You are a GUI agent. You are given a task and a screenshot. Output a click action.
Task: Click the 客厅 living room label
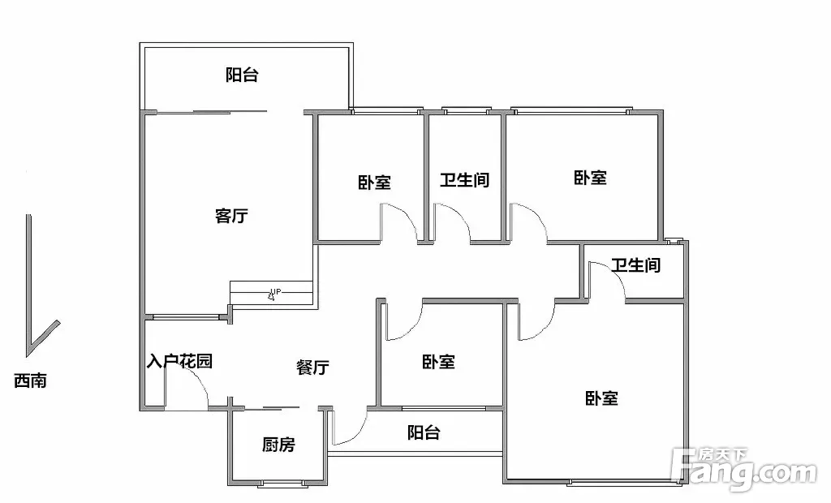click(231, 216)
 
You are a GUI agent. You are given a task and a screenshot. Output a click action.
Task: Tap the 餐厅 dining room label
click(312, 367)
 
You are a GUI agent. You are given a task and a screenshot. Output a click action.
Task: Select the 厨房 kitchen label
click(278, 444)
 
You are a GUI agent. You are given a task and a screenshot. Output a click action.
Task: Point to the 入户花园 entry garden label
click(179, 362)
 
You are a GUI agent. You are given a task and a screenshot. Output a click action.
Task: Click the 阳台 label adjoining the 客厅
click(242, 75)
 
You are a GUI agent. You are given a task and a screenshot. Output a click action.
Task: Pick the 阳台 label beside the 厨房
click(424, 432)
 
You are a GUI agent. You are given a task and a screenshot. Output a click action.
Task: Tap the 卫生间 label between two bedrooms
click(465, 179)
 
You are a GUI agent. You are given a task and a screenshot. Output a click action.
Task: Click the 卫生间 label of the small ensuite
click(636, 264)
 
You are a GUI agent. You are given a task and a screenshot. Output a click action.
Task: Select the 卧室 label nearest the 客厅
click(375, 183)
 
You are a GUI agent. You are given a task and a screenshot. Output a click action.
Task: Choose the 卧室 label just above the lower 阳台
click(438, 362)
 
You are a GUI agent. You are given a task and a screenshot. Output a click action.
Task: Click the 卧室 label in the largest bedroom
click(601, 398)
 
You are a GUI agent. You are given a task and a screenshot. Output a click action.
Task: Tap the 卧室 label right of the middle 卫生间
click(591, 177)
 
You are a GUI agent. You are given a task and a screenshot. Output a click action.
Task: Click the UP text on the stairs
click(276, 291)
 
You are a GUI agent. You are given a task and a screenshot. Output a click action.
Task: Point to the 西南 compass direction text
click(30, 380)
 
